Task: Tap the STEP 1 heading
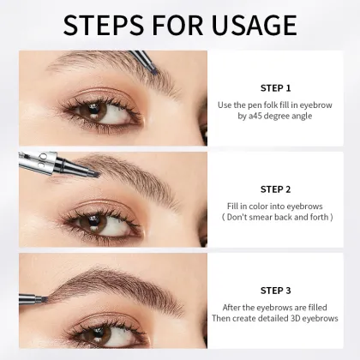click(x=275, y=87)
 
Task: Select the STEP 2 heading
click(x=275, y=188)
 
